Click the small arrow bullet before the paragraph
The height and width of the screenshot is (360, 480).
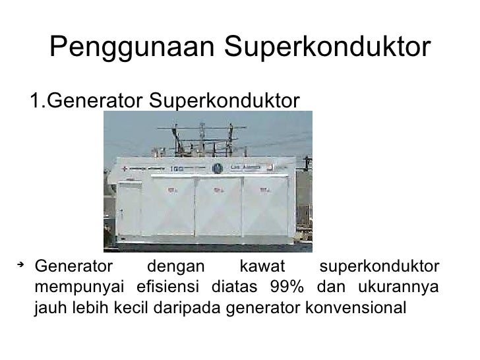[21, 265]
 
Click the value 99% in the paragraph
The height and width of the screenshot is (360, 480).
[286, 287]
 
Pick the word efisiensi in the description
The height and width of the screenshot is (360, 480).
[166, 287]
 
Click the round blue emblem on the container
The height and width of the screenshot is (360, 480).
[217, 168]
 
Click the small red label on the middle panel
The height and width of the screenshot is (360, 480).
[218, 189]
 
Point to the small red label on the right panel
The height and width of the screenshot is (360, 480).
[265, 189]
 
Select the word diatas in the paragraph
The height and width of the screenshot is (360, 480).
[235, 287]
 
